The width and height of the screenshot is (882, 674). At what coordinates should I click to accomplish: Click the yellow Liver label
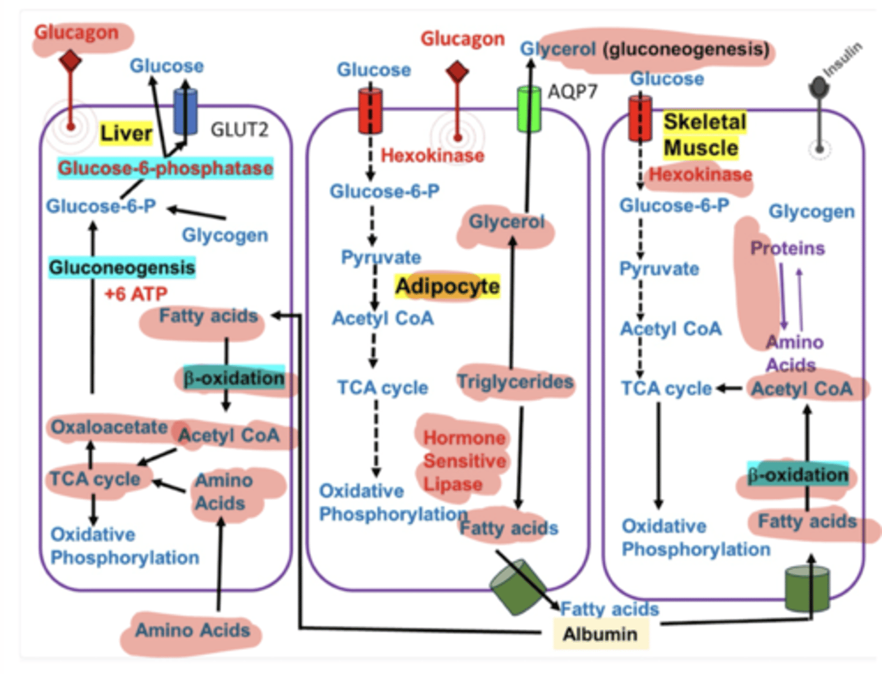click(126, 132)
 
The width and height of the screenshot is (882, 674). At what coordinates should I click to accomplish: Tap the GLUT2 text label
click(239, 130)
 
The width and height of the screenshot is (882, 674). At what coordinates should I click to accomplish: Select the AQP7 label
click(572, 92)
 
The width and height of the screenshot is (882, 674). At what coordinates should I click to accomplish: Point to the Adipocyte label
click(447, 286)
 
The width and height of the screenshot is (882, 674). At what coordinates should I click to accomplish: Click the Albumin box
click(600, 634)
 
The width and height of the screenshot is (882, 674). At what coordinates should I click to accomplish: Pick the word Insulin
click(843, 59)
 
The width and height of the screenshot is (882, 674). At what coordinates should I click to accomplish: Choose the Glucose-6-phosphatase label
click(165, 168)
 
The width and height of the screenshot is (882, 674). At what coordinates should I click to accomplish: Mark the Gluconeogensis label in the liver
click(122, 268)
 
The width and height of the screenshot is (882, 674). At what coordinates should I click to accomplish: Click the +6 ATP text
click(135, 294)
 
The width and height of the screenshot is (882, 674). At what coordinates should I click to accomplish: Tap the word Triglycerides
click(515, 382)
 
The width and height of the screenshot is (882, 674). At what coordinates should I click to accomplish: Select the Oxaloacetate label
click(109, 427)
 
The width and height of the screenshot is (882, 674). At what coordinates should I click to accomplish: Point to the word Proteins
click(788, 248)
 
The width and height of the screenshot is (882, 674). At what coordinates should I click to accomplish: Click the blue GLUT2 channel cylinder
click(186, 112)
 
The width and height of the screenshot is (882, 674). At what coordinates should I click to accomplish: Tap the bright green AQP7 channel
click(529, 109)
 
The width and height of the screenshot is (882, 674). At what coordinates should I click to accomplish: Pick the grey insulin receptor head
click(819, 88)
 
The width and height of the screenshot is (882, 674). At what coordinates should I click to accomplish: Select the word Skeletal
click(705, 121)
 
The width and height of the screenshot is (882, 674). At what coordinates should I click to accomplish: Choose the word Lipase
click(453, 484)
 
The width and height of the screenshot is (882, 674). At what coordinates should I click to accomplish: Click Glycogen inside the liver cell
click(225, 235)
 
